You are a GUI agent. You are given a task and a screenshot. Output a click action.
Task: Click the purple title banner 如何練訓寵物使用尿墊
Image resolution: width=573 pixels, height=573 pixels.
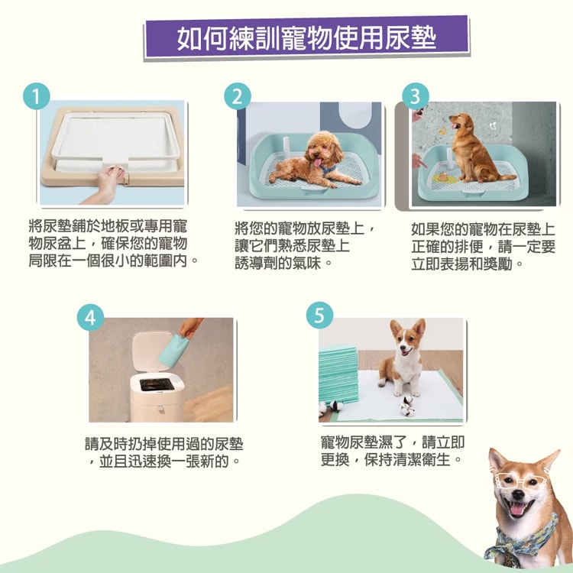(306, 37)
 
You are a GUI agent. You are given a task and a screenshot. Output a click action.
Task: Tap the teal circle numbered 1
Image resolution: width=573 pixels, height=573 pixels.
(36, 96)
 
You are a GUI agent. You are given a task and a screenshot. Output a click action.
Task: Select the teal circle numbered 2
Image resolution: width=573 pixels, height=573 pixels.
(238, 96)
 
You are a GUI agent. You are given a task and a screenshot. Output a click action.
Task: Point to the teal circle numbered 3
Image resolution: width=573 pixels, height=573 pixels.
(416, 96)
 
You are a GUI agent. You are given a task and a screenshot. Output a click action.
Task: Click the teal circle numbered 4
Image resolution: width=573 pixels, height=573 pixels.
(90, 317)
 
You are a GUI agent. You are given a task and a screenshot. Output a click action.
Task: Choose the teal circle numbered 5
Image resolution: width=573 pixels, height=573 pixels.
(319, 315)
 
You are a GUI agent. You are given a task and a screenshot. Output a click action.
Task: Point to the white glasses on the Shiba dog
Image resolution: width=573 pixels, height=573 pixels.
(521, 480)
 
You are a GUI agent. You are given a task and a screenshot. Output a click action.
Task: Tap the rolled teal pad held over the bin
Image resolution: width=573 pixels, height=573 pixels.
(173, 350)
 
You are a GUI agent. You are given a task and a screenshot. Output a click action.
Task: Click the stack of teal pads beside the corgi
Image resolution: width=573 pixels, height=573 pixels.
(338, 374)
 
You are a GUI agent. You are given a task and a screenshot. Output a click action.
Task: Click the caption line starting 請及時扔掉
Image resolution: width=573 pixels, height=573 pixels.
(163, 444)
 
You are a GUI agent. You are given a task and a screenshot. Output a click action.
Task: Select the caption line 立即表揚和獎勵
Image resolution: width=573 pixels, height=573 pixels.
(467, 264)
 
